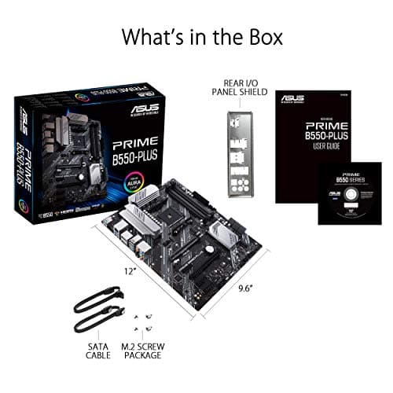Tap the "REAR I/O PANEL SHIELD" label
point(239,91)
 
